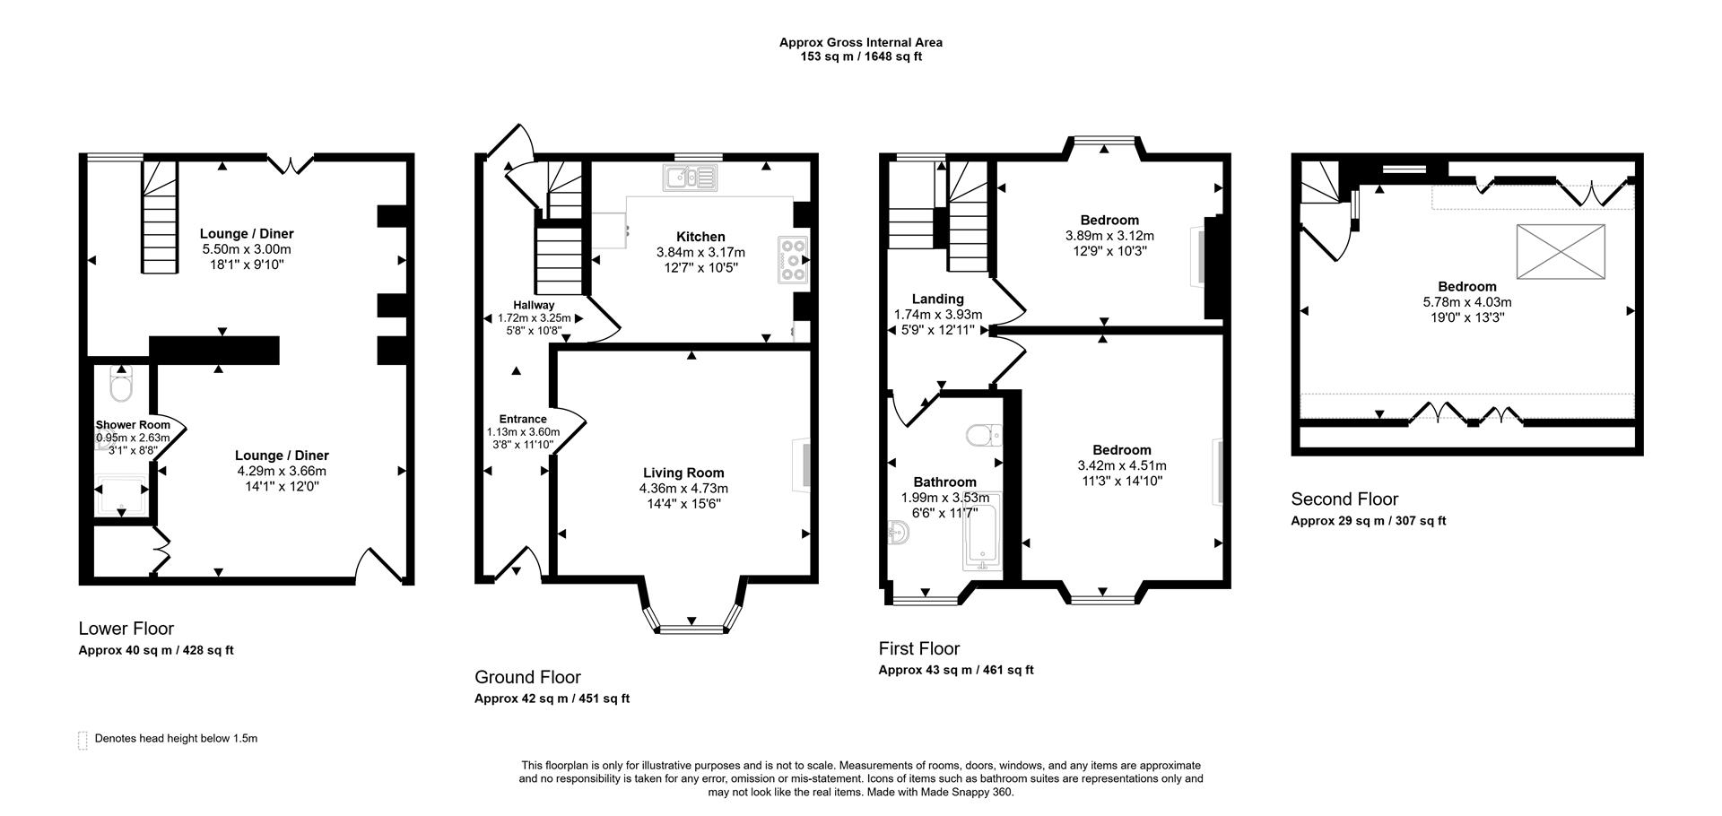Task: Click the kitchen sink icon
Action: tap(691, 178)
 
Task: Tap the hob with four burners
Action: tap(794, 260)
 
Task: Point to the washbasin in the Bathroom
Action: tap(898, 534)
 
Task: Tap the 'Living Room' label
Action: tap(683, 473)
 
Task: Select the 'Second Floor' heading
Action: tap(1344, 499)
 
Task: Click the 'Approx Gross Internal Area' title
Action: tap(860, 42)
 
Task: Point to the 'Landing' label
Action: tap(937, 299)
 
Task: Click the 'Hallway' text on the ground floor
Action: tap(534, 305)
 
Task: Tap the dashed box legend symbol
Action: tap(83, 740)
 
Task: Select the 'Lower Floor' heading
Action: tap(126, 629)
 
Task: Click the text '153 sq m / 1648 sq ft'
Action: tap(860, 56)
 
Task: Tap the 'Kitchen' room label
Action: tap(700, 237)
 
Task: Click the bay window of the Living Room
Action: tap(691, 627)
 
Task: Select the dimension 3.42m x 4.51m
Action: tap(1122, 465)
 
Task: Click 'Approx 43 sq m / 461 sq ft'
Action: tap(955, 670)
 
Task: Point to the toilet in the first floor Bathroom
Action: tap(983, 436)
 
